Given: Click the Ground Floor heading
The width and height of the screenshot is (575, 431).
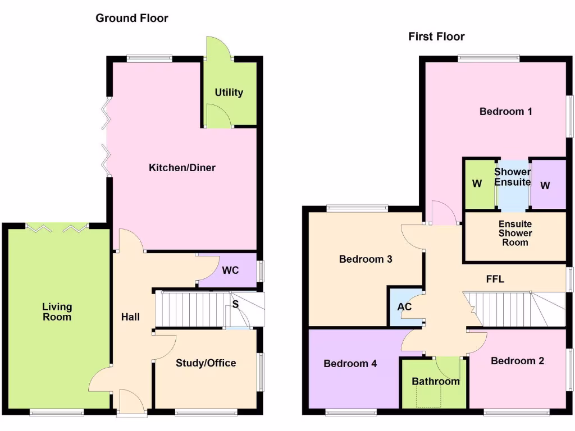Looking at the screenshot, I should tap(131, 18).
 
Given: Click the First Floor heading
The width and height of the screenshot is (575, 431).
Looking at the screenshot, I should tap(436, 37).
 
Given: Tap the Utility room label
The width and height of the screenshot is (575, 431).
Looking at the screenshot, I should tap(229, 92).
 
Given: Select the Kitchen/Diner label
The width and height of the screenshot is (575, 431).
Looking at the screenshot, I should tap(182, 168).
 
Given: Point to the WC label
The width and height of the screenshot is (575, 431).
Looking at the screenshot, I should tap(230, 270).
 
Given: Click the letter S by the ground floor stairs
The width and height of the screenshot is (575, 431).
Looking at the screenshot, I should tap(235, 305).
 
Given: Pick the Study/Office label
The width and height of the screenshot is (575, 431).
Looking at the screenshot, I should tap(206, 363).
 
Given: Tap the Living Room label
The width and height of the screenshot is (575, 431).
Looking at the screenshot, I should tap(57, 312).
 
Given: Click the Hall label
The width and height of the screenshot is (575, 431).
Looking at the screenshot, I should tap(130, 317).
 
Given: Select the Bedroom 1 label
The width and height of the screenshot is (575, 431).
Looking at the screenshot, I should tap(505, 112).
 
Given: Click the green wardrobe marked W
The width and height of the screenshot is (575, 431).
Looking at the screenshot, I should tap(477, 185).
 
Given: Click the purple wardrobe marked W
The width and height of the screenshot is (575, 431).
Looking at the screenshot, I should tap(545, 185).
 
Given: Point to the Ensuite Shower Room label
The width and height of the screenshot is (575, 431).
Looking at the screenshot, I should tap(515, 233).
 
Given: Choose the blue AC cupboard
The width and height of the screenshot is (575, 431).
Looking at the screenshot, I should tap(404, 307).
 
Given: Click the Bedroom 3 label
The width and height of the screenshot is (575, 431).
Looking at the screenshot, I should tap(366, 259).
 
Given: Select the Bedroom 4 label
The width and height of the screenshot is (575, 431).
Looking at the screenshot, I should tap(350, 364).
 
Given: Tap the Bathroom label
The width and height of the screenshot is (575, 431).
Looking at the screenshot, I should tap(436, 382).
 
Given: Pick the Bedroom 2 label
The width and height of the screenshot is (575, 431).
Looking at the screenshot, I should tap(517, 361).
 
